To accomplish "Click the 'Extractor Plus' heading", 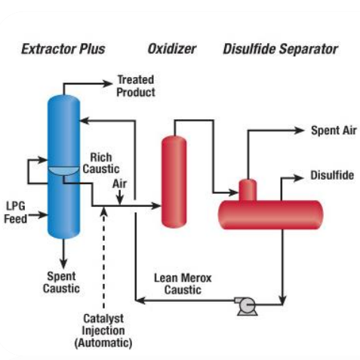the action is pos(63,49).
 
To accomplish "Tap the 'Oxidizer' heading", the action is pos(172,49).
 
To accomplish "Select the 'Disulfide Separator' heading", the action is pos(281,49).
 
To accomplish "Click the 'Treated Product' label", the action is pos(136,86).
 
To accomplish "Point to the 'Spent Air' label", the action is pos(334,131).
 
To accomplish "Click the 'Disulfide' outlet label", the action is pos(332,175).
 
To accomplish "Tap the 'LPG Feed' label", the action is pos(16,212).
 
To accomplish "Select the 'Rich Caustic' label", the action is pos(101,163).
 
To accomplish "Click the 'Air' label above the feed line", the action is pos(119,183).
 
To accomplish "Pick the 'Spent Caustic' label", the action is pos(61,282).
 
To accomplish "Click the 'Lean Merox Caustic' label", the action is pos(183,284).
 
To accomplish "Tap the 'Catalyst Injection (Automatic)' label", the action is pos(103,331).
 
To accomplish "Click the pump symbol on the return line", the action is pos(246,306).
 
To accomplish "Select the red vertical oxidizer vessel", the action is pos(174,182).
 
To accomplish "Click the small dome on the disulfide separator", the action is pos(248,190).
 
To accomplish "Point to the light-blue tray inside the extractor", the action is pos(63,171).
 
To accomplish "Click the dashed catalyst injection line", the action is pos(103,259).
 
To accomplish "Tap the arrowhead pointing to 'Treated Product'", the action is pos(107,84).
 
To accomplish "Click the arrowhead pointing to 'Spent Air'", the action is pos(300,131).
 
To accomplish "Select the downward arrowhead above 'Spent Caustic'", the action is pos(63,263).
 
